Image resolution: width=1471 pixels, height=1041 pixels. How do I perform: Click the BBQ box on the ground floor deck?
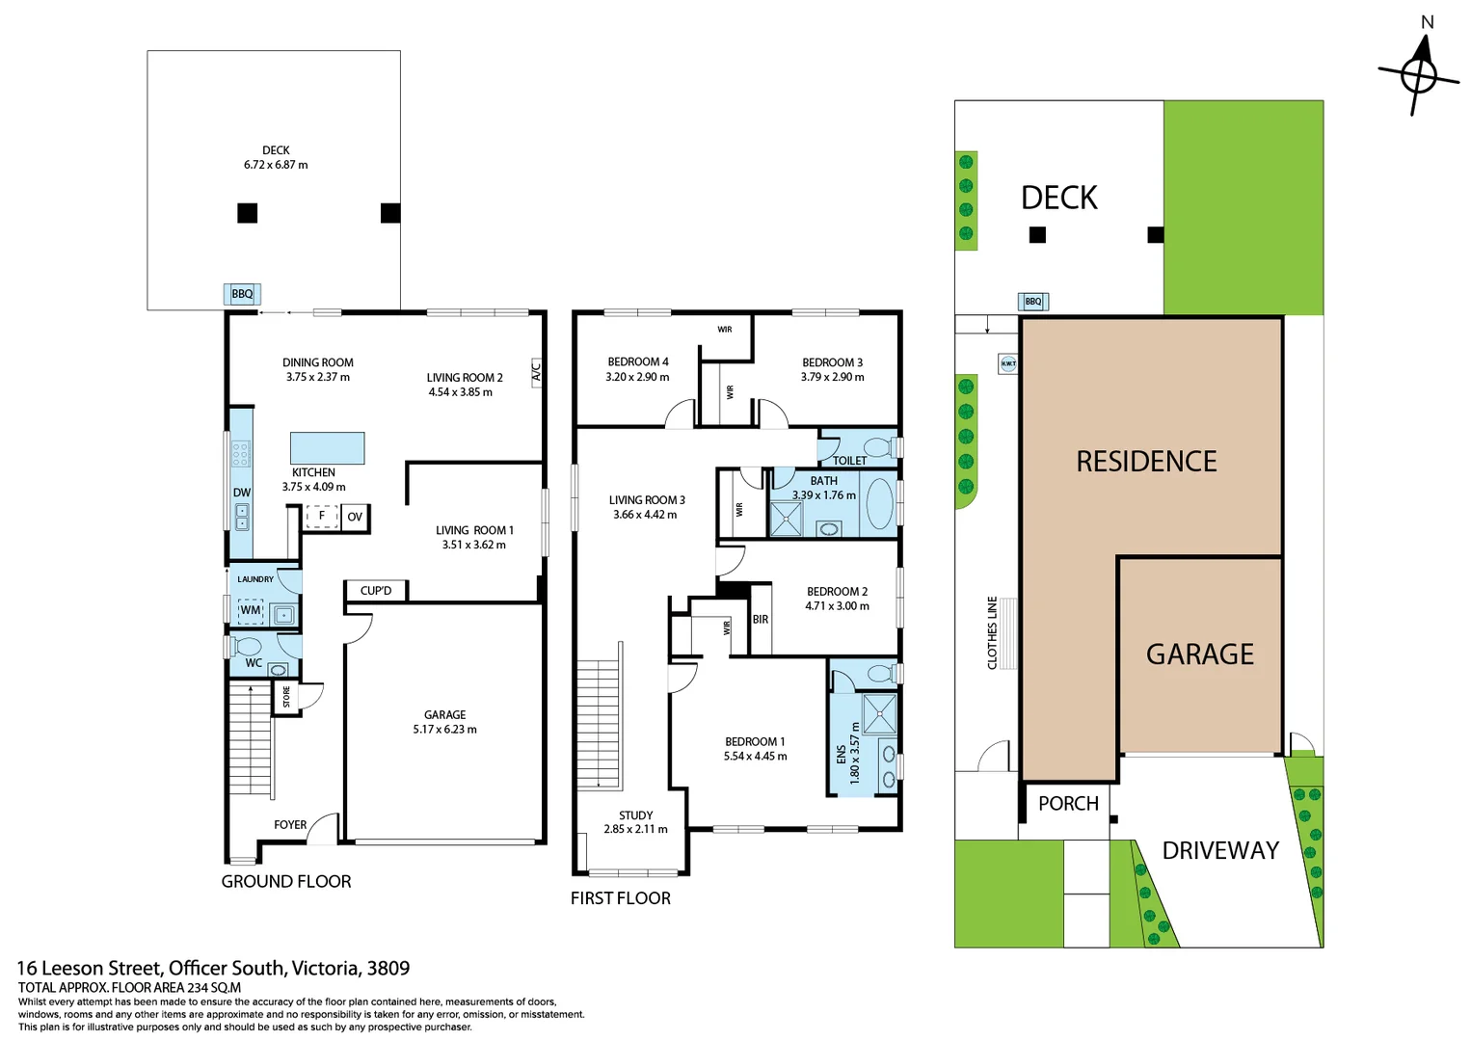coord(242,294)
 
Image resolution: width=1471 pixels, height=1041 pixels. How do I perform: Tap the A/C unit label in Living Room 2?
coord(536,372)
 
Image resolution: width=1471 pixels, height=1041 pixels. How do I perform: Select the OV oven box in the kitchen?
coord(355,517)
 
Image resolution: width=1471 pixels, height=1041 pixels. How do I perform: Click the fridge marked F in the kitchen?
coord(322,517)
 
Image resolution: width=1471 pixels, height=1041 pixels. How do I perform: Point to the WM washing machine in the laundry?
coord(251,610)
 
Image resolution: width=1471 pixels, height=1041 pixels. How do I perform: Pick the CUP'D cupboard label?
coord(376,591)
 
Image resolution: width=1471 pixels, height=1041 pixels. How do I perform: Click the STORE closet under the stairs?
coord(286,696)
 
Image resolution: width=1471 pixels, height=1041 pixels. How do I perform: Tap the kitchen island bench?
coord(327,448)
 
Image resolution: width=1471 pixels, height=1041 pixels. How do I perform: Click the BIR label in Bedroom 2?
coord(760,620)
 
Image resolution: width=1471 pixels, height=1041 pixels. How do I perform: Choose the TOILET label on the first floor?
coord(849,461)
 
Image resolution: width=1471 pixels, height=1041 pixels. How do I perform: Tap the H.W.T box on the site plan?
coord(1008,363)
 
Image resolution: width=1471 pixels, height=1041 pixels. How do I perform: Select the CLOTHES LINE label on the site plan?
coord(992,632)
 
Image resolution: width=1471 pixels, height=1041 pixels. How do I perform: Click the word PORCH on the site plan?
coord(1068,803)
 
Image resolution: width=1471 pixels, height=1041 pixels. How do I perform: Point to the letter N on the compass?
coord(1427,22)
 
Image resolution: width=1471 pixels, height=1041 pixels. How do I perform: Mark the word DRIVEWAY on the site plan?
coord(1220,850)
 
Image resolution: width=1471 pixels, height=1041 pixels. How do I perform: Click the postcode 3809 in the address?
coord(388,968)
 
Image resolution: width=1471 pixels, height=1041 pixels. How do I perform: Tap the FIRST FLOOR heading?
coord(621,897)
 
